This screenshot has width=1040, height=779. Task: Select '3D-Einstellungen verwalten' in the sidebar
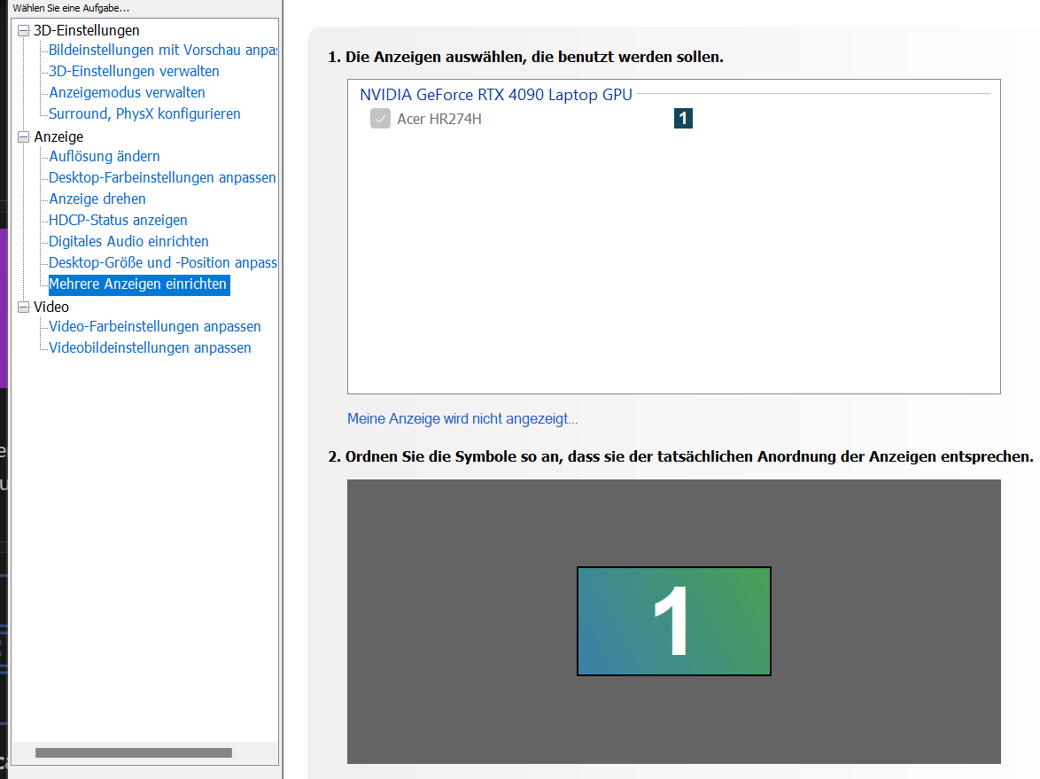[x=134, y=71]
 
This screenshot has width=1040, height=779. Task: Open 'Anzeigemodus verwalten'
[x=127, y=92]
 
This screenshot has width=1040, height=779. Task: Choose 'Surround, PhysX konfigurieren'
[x=144, y=113]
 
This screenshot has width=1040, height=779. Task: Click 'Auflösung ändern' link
[x=105, y=156]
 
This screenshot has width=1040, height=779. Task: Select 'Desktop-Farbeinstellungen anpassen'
[x=162, y=177]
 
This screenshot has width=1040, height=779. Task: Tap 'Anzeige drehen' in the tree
[x=97, y=199]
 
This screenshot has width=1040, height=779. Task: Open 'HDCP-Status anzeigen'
[x=118, y=220]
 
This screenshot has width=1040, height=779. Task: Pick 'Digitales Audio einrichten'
[x=128, y=241]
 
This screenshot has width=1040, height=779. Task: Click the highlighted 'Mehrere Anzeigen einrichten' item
[x=138, y=284]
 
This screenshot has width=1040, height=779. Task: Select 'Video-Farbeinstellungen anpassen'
[x=155, y=326]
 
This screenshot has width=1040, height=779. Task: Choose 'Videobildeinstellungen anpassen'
[x=150, y=347]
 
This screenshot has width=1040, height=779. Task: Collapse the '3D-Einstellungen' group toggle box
[x=24, y=31]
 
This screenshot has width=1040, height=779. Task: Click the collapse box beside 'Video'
[x=24, y=307]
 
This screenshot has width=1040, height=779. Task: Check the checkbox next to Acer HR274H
[x=380, y=119]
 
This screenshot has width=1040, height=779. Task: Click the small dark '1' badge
[x=683, y=118]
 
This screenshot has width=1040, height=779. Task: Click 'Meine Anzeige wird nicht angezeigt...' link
[x=462, y=418]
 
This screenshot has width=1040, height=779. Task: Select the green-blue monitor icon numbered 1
[x=673, y=621]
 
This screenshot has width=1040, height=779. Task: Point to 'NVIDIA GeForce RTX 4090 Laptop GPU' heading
[x=495, y=94]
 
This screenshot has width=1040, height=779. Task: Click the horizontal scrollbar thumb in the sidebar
[x=133, y=752]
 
